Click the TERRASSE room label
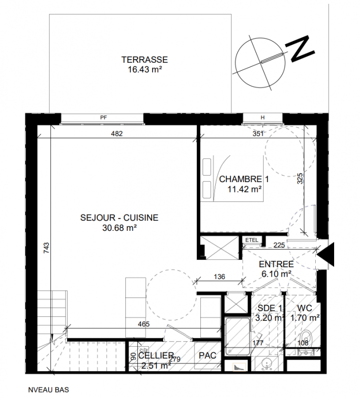coord(145,60)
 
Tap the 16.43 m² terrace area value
coord(145,69)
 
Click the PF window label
coord(103,117)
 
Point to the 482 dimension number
coord(117,133)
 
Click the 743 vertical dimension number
coord(46,249)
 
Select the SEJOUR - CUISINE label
coord(119,218)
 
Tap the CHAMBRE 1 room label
coord(244,179)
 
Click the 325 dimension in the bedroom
coord(300,179)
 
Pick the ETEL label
coord(252,240)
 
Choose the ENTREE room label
coord(276,264)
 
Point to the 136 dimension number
coord(219,277)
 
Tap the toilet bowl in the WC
coord(307,338)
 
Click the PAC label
coord(207,356)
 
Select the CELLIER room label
coord(156,356)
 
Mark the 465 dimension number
coord(144,324)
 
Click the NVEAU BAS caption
coord(48,390)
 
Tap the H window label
coord(263,117)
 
